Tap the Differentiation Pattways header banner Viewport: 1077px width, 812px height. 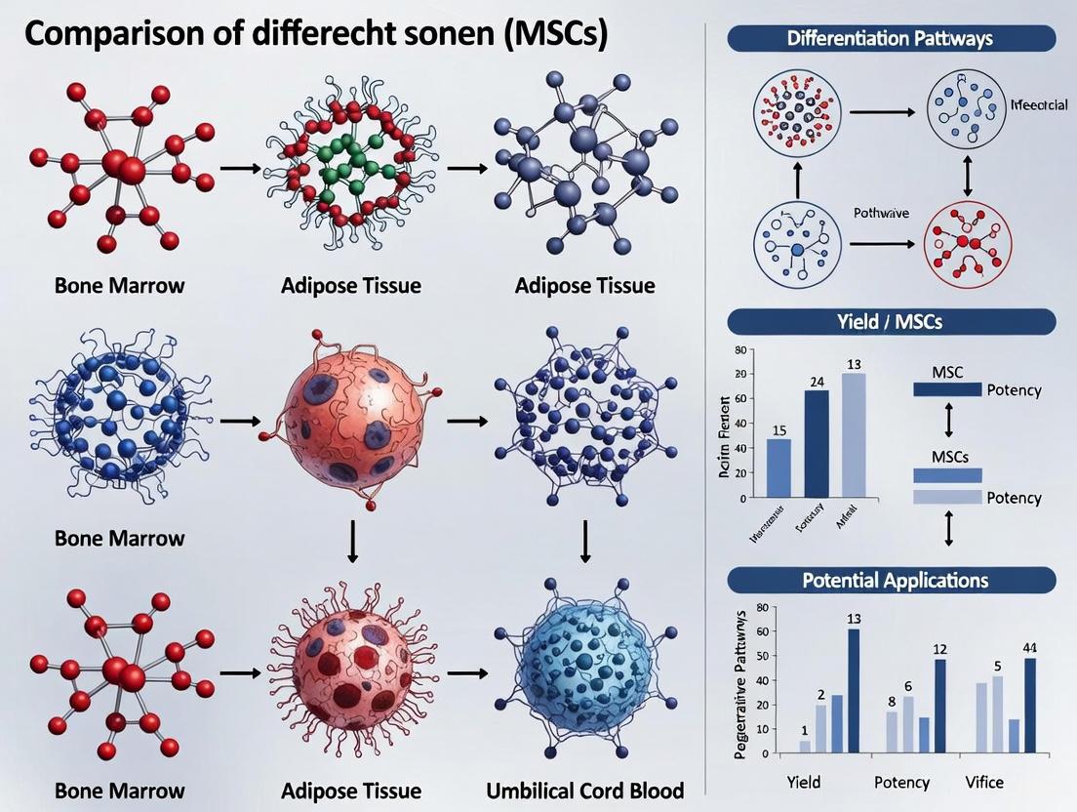click(x=892, y=38)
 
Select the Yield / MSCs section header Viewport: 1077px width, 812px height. click(x=892, y=322)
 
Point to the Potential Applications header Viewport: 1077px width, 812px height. click(x=892, y=580)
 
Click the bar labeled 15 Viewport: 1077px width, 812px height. click(x=779, y=468)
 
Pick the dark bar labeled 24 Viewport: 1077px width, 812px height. click(x=817, y=444)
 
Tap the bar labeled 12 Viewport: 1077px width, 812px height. click(x=939, y=707)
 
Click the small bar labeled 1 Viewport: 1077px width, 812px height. click(x=805, y=747)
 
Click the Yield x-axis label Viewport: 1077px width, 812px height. click(x=804, y=782)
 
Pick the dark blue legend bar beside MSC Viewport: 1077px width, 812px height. click(x=946, y=389)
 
